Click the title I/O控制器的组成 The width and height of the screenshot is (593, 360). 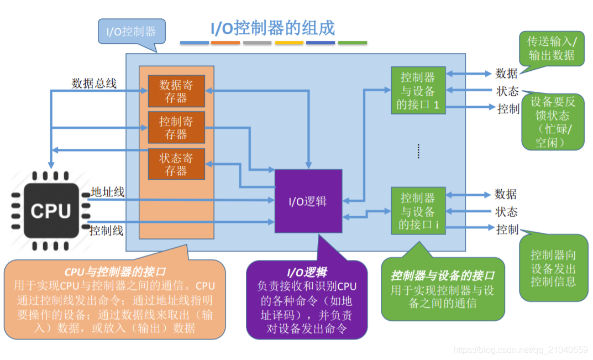click(272, 28)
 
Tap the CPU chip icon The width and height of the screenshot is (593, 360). click(50, 211)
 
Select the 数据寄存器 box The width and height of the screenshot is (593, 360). click(176, 91)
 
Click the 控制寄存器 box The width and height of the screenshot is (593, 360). click(176, 128)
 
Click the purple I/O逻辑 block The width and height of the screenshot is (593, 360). click(308, 201)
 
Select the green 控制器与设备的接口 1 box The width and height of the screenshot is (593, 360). click(418, 91)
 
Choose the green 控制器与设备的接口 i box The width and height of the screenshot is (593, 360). click(418, 211)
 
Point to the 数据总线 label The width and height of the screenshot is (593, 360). click(94, 84)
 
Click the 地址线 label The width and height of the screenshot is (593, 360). click(107, 192)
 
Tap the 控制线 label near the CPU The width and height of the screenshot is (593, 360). click(106, 230)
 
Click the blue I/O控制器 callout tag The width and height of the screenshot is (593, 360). click(131, 32)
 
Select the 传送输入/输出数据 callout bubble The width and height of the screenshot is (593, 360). click(551, 49)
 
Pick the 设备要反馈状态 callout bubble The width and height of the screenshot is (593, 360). click(553, 122)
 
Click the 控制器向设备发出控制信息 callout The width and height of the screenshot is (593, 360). click(553, 268)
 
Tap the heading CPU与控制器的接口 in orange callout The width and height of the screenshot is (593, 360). click(115, 272)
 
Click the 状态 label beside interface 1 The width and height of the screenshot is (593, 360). click(507, 91)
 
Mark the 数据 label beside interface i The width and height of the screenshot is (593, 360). click(506, 194)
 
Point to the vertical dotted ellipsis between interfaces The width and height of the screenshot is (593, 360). click(418, 150)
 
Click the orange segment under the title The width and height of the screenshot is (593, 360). click(225, 43)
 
